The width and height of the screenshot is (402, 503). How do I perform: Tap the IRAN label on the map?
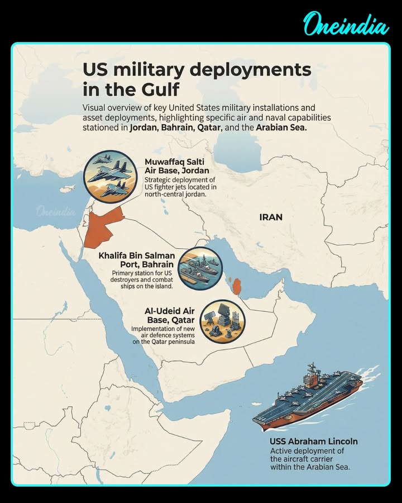click(x=271, y=217)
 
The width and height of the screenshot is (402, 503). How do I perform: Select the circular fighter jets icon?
click(x=111, y=177)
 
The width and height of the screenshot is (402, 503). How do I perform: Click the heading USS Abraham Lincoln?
click(x=314, y=442)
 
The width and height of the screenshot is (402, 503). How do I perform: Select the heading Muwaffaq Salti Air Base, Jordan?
click(x=176, y=167)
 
